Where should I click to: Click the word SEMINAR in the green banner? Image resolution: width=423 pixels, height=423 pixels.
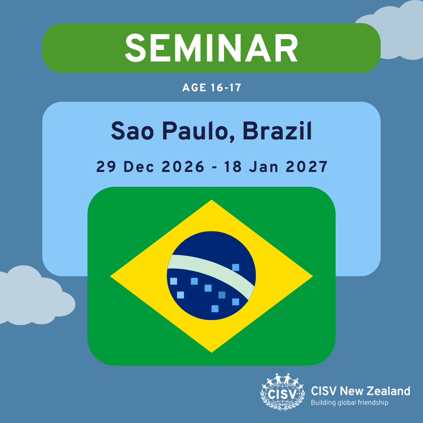coord(211,48)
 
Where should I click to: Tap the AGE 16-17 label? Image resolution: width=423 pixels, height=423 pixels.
coord(212,88)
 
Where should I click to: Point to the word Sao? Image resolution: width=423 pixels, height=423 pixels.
coord(132,131)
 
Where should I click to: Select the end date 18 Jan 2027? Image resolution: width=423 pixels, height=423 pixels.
coord(276,166)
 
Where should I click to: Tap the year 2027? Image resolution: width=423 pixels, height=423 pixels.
coord(306,166)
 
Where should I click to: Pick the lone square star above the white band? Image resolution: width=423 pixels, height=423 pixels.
coord(235,268)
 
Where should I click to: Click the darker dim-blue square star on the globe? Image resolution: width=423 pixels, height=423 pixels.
coord(222,295)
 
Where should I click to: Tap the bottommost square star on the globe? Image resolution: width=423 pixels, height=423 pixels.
coord(215,309)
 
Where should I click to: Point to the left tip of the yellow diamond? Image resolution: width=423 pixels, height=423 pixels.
coord(110,276)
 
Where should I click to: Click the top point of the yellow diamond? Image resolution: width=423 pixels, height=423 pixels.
coord(211,200)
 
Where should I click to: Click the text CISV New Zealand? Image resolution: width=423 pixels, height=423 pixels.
coord(360,391)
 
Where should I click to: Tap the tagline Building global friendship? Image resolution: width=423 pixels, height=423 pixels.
coord(349,403)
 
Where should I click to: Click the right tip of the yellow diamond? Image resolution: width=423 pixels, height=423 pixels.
coord(313,276)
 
